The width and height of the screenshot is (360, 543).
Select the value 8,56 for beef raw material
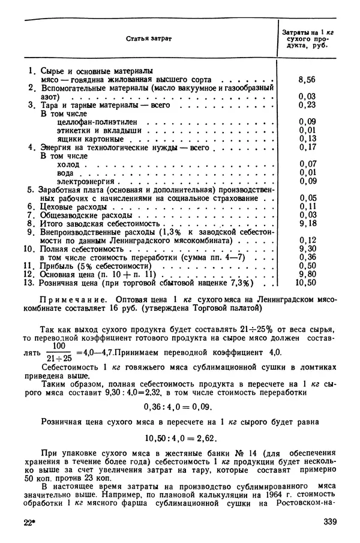coord(307,79)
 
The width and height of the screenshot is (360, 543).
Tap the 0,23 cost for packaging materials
coord(307,104)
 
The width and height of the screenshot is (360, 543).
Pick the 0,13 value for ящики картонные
coord(307,138)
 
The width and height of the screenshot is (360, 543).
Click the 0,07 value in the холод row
coord(307,163)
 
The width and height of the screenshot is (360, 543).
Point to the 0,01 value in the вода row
coord(307,172)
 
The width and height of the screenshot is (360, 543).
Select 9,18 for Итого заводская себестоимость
coord(307,223)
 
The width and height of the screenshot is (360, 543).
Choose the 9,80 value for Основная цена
coord(307,273)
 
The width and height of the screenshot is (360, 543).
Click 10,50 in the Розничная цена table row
coord(307,282)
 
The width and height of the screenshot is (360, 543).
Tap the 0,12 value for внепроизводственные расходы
coord(307,239)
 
